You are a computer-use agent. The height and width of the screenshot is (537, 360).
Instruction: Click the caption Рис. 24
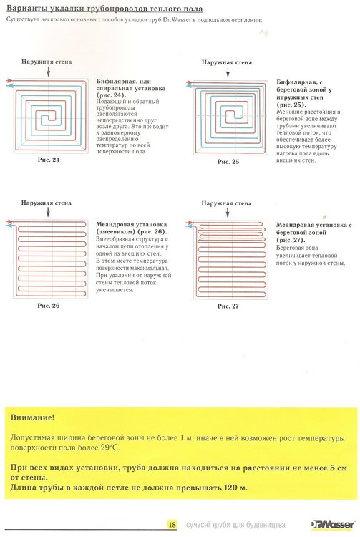49,160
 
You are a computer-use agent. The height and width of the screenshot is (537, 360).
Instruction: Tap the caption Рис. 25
228,162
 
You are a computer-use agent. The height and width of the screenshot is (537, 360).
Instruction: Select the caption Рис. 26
48,306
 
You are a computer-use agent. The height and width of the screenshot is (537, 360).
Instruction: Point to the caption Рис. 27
228,306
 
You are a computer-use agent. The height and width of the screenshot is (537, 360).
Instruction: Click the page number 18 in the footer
172,524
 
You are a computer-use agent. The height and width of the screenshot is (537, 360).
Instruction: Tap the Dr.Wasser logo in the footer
333,524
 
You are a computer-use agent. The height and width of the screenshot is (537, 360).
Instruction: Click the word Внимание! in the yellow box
32,417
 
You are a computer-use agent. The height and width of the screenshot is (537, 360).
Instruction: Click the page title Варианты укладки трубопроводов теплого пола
104,9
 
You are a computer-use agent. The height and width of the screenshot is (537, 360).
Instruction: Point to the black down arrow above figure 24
48,72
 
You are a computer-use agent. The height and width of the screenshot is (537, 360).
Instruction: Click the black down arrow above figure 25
228,72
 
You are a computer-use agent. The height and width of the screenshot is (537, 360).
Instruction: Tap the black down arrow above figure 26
48,212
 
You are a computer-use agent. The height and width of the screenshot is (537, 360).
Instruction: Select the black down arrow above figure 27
228,213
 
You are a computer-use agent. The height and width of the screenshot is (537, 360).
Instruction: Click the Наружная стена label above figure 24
47,62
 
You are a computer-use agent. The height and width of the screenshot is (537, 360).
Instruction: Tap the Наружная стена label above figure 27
227,203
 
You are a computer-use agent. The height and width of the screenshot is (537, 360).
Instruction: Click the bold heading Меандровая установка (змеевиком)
132,228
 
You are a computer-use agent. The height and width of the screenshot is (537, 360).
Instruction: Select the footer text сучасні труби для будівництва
235,525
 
